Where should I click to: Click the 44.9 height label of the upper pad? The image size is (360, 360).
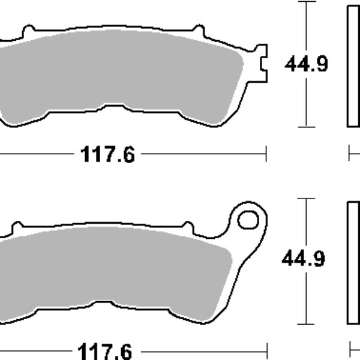pyautogui.click(x=306, y=64)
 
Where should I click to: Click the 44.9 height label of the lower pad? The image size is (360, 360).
pyautogui.click(x=303, y=259)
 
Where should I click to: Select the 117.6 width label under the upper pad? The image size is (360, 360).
pyautogui.click(x=107, y=154)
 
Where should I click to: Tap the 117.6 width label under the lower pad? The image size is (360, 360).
pyautogui.click(x=105, y=351)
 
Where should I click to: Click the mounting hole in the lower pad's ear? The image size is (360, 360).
pyautogui.click(x=248, y=220)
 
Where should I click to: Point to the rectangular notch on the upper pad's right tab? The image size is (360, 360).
pyautogui.click(x=263, y=64)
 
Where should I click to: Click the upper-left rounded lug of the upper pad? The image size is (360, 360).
pyautogui.click(x=29, y=29)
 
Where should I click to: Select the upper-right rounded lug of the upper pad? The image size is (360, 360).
pyautogui.click(x=199, y=29)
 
